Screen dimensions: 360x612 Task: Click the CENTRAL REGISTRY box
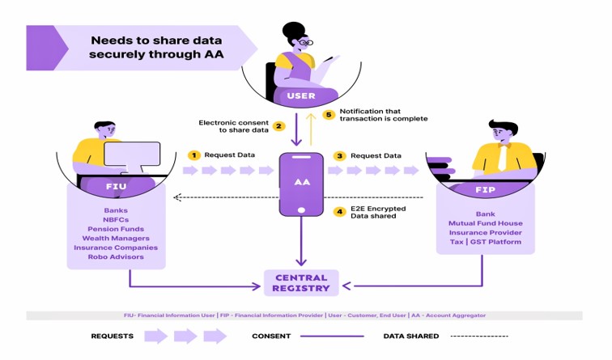(x=301, y=282)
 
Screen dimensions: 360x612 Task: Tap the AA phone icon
(x=301, y=184)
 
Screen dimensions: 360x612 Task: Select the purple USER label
(x=301, y=96)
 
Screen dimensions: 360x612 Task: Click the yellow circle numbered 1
(x=193, y=155)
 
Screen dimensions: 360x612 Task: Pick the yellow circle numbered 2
(x=278, y=125)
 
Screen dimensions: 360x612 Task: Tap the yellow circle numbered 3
(x=340, y=155)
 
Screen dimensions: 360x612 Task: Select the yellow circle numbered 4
(x=340, y=212)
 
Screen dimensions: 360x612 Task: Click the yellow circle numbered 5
(x=329, y=114)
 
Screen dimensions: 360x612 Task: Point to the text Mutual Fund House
(x=486, y=222)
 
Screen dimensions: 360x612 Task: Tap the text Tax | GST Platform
(x=486, y=241)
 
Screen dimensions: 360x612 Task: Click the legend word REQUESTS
(x=113, y=336)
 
